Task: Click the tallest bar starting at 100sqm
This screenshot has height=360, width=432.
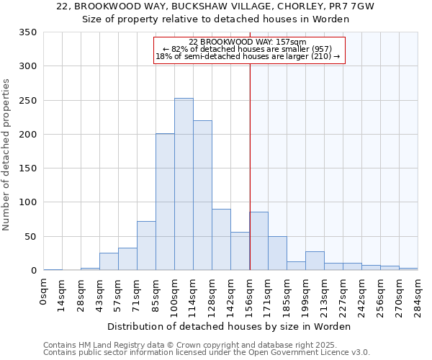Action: click(184, 184)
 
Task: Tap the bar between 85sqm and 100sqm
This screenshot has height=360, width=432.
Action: click(165, 202)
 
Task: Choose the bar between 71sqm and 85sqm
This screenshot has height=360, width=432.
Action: click(146, 246)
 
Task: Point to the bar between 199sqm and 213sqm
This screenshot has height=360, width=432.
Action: click(315, 261)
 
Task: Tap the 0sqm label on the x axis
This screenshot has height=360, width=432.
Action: click(44, 292)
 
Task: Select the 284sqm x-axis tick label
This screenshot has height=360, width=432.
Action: click(418, 294)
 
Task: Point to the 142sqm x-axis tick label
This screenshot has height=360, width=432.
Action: click(231, 294)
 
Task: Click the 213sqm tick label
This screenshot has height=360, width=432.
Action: click(325, 294)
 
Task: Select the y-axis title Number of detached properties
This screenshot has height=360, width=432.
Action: click(7, 156)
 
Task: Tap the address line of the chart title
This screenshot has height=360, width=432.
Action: click(215, 6)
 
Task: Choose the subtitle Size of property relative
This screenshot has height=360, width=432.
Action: click(215, 19)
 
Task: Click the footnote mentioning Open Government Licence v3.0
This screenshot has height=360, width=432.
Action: click(207, 352)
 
